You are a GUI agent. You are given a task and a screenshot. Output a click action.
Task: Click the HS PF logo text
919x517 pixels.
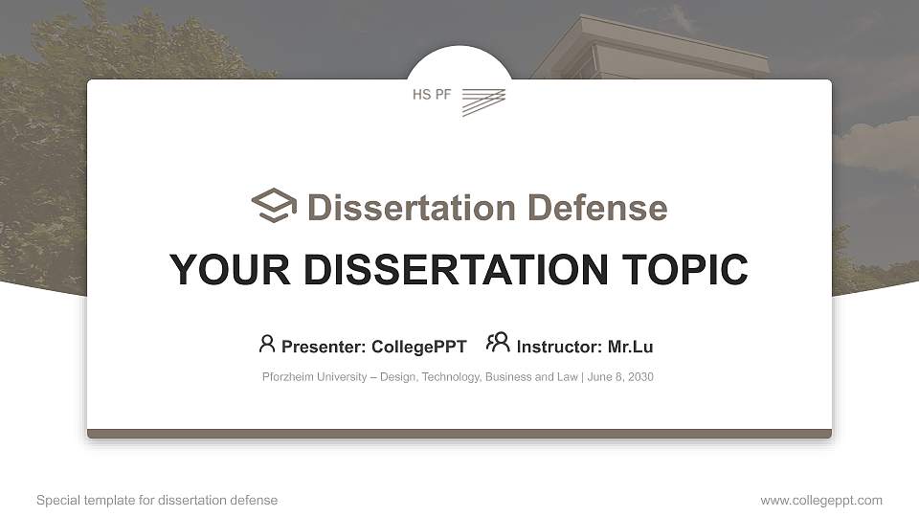[431, 95]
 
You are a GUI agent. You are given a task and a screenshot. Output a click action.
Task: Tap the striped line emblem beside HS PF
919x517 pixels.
[482, 101]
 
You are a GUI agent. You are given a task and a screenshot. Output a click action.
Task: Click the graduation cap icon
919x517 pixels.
[274, 206]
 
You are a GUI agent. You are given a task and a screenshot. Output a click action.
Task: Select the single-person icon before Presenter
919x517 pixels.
[267, 344]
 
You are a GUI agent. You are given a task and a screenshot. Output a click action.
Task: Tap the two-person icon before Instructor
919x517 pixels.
[498, 343]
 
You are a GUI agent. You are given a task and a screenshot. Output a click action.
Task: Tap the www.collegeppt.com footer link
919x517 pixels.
[821, 500]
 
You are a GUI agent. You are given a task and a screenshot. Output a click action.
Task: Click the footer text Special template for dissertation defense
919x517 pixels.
[157, 500]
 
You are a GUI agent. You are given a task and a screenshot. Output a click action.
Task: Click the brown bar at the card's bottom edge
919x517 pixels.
[459, 434]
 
